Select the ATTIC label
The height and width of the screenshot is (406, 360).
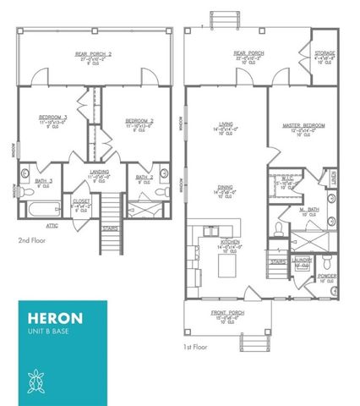(52, 226)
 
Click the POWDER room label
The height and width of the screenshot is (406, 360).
(327, 276)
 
